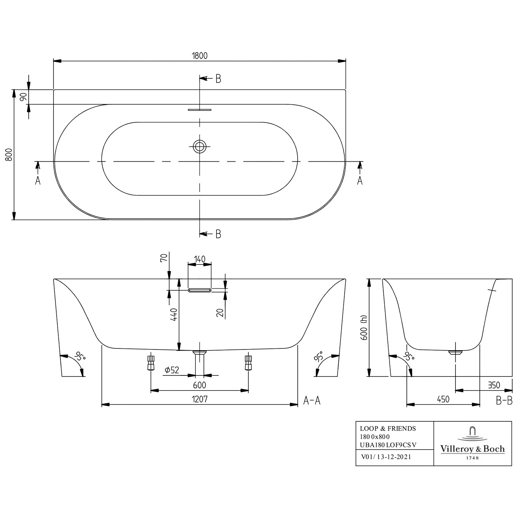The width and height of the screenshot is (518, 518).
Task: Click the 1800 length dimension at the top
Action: tap(200, 56)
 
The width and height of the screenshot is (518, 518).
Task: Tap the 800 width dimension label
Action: tap(9, 154)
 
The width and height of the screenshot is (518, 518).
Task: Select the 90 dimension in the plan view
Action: tap(23, 97)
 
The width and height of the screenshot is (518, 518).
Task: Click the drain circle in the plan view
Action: tap(199, 147)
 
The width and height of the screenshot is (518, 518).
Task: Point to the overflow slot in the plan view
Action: tap(199, 110)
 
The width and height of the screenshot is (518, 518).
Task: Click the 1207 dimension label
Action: tap(200, 399)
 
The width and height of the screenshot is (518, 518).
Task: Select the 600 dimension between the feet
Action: tap(200, 385)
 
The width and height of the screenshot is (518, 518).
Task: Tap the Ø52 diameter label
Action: tap(172, 370)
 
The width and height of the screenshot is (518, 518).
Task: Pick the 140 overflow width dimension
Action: tap(200, 259)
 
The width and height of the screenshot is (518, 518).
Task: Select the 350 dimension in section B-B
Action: tap(494, 385)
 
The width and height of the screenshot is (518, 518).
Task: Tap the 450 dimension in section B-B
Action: tap(443, 399)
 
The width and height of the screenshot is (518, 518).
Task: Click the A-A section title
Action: tap(312, 400)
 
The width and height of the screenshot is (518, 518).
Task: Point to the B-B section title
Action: tap(504, 400)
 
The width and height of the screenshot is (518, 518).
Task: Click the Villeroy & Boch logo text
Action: tap(472, 449)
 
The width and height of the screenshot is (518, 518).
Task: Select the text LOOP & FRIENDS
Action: tap(388, 429)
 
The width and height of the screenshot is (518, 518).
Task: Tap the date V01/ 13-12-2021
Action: tap(386, 457)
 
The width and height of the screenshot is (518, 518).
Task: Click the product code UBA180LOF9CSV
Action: tap(388, 445)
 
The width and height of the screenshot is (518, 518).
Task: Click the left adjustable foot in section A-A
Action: tap(151, 363)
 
